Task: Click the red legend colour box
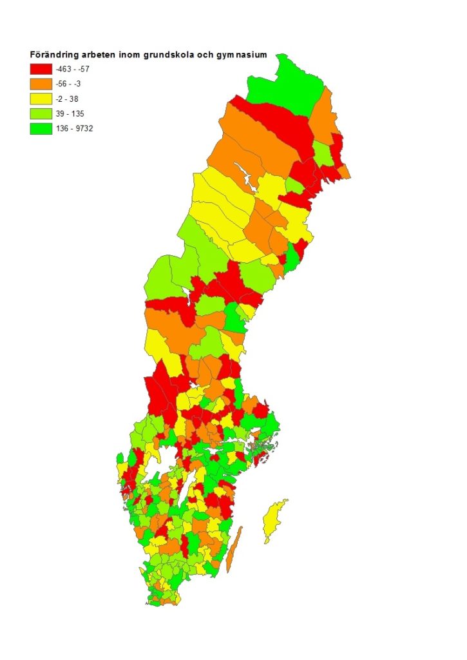41,69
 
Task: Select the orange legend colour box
41,84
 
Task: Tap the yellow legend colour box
41,99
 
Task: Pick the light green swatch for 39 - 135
41,113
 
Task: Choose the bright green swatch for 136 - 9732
41,128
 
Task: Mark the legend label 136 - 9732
75,128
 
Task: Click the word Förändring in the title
52,55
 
